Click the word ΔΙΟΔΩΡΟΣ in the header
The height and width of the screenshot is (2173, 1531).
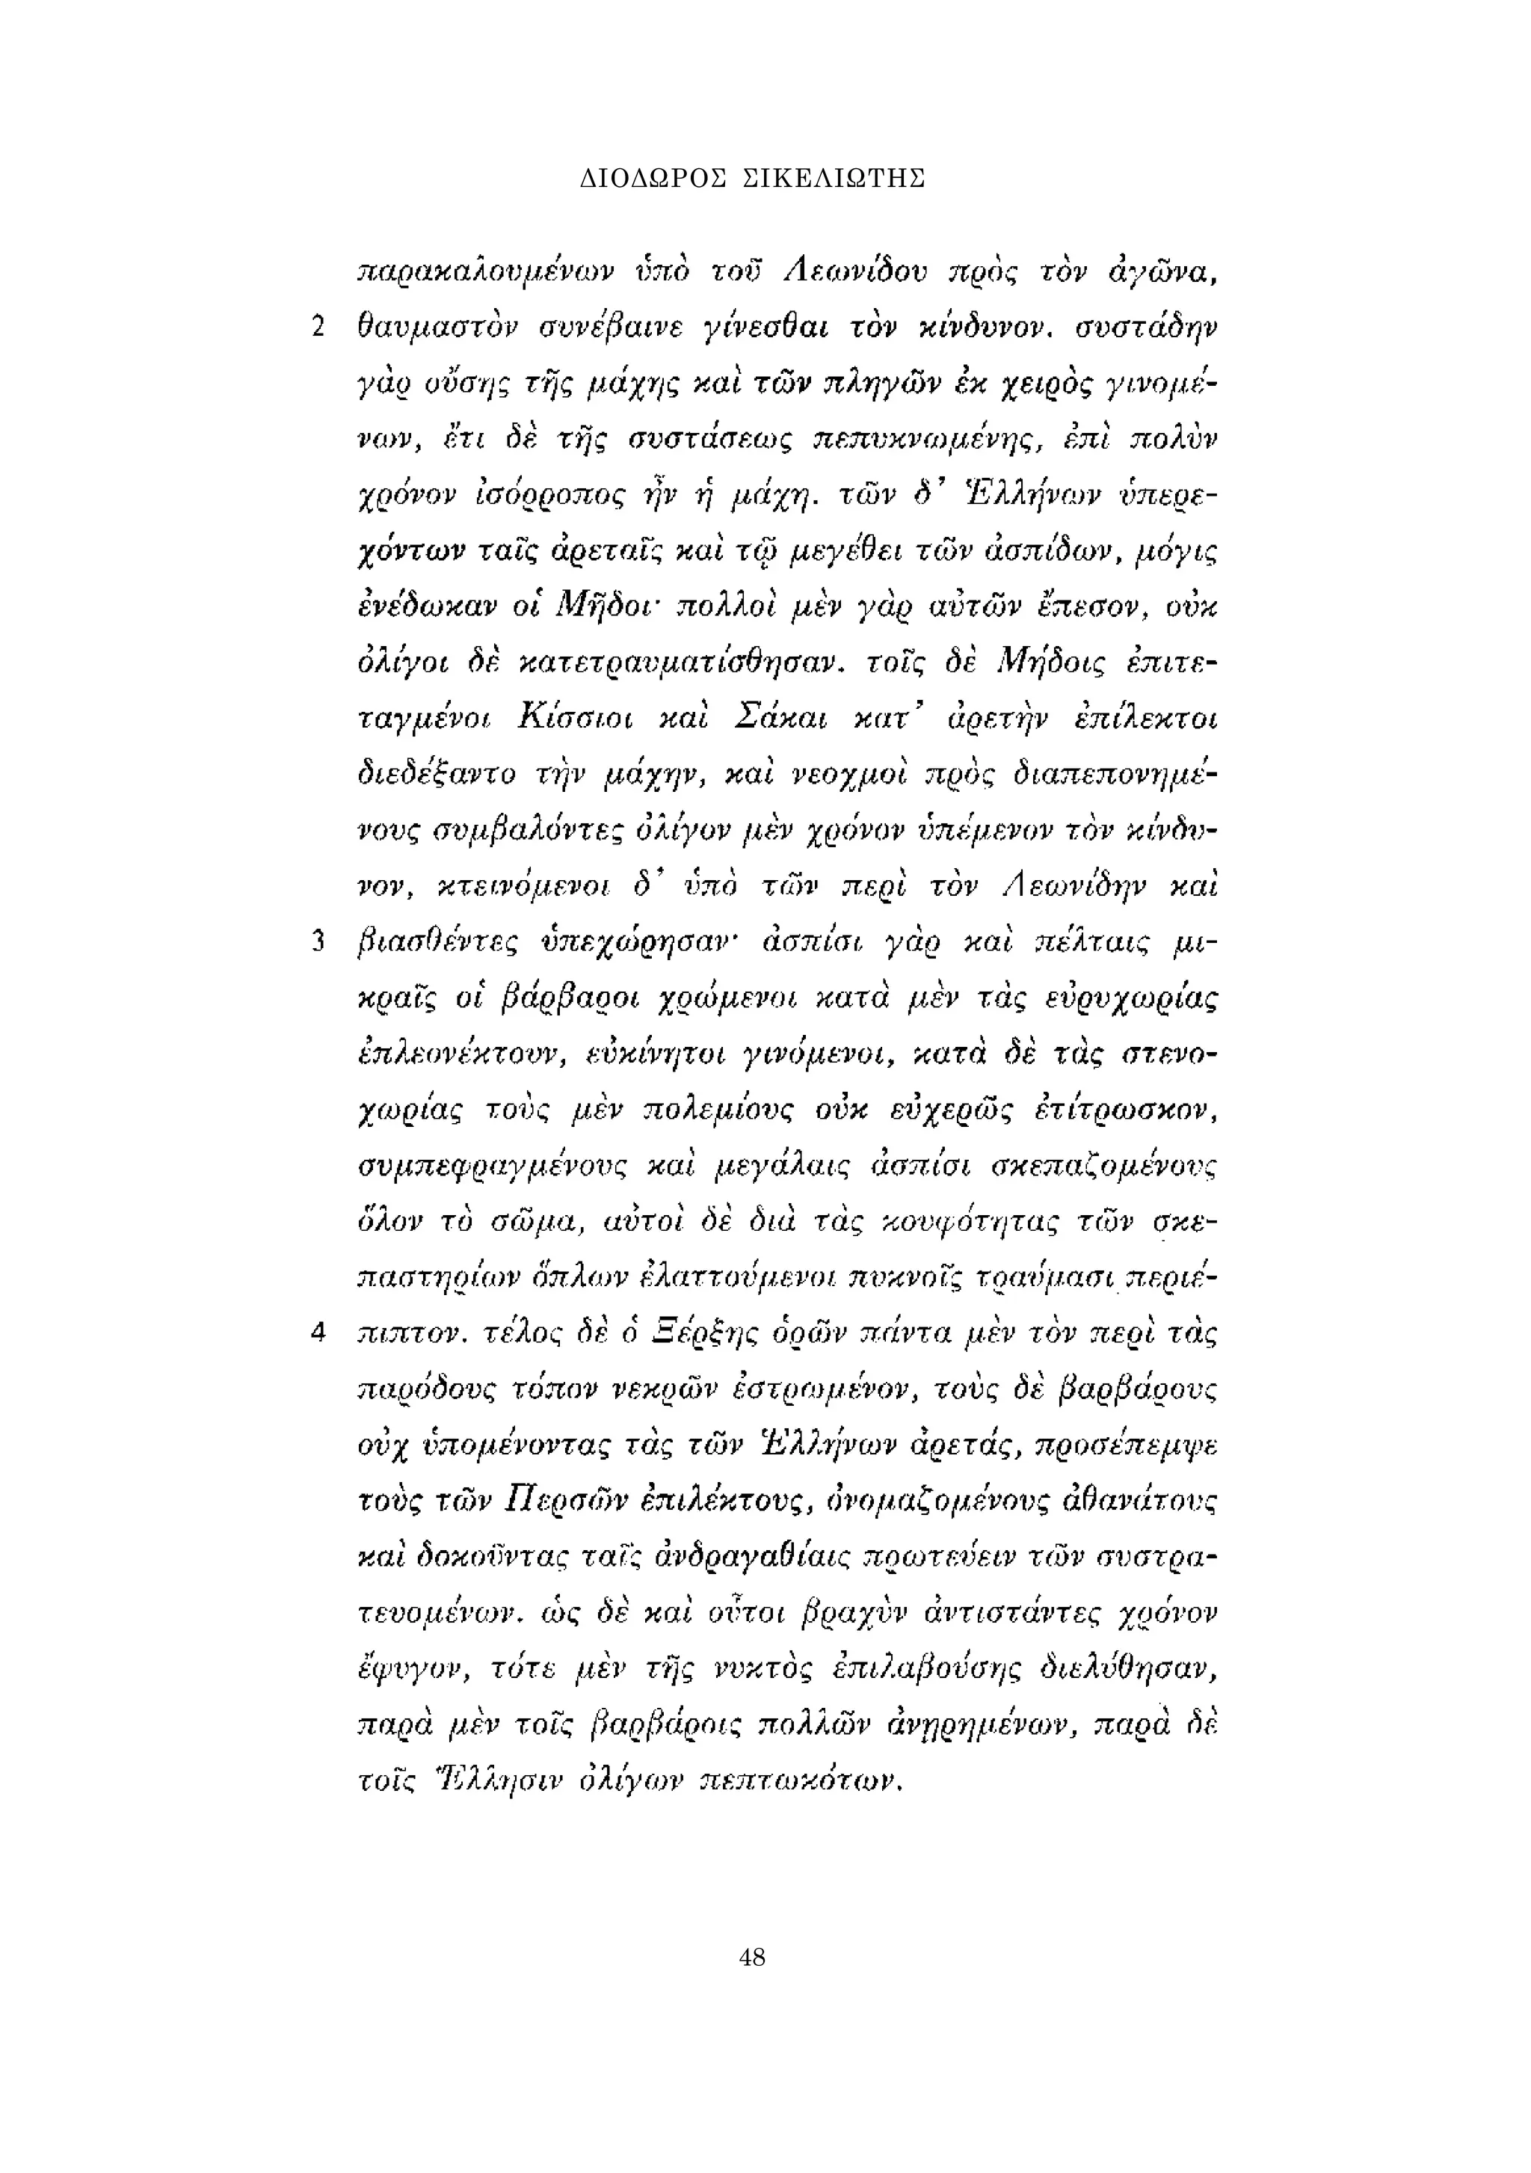click(x=651, y=178)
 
